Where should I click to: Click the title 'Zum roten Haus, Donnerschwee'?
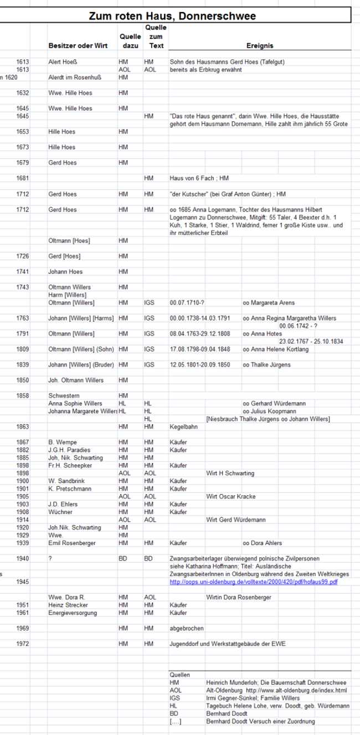click(172, 16)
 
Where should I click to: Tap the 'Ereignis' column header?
click(260, 46)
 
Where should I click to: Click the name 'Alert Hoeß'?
click(62, 63)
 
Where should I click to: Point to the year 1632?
click(22, 93)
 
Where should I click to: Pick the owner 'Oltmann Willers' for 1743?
click(70, 287)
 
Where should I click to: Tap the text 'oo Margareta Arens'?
click(269, 303)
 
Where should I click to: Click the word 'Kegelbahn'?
click(184, 426)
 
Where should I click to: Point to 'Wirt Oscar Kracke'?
click(231, 496)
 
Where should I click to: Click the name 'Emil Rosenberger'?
click(71, 543)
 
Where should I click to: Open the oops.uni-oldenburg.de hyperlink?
click(254, 582)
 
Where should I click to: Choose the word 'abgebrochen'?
click(187, 628)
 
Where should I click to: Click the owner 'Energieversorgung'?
click(73, 613)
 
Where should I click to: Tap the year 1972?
click(22, 644)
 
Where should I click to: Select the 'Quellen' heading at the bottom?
click(179, 675)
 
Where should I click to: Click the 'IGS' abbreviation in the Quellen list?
click(175, 698)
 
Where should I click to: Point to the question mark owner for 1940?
click(50, 558)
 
